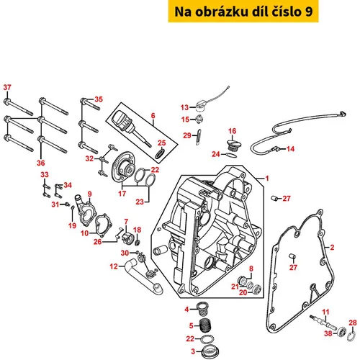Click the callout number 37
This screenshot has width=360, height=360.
tap(7, 87)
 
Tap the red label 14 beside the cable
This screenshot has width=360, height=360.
tap(290, 149)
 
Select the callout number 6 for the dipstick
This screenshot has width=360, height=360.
tap(153, 116)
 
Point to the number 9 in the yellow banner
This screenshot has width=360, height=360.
tap(309, 12)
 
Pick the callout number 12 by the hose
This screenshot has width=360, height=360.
tap(114, 266)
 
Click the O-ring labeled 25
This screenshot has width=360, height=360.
tap(160, 153)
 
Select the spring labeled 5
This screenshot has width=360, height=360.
tap(205, 325)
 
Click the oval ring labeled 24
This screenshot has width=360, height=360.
tap(231, 156)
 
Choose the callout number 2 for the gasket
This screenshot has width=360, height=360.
tap(332, 248)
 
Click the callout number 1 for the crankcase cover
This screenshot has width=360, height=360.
tap(267, 179)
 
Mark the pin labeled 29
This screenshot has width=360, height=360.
tap(199, 138)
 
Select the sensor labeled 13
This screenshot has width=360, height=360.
tap(200, 107)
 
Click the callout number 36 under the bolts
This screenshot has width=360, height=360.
tap(41, 163)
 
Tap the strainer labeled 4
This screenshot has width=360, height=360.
tap(201, 309)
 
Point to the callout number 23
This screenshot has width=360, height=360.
tap(140, 202)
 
